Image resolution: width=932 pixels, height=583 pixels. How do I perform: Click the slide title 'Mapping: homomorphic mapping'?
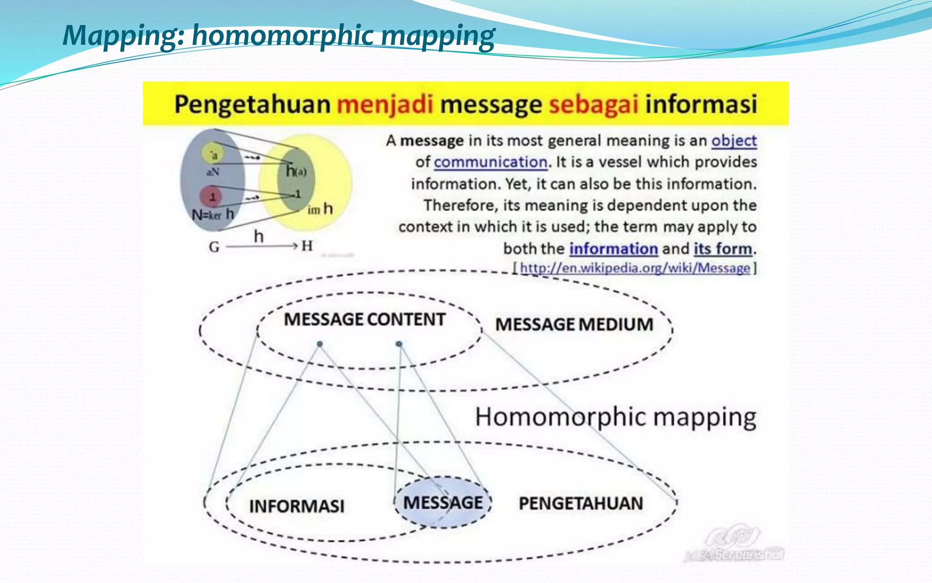[279, 36]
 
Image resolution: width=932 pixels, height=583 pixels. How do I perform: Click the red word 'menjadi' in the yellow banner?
[385, 104]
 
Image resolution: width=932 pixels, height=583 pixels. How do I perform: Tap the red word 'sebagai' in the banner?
[593, 104]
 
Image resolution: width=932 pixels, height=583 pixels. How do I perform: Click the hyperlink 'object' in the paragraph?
[734, 141]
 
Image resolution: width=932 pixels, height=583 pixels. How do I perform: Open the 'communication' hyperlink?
[490, 162]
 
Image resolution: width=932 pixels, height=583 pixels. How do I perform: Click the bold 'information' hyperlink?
[613, 249]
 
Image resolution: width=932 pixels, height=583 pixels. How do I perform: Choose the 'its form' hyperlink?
[723, 249]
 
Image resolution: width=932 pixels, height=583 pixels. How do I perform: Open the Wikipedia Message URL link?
[635, 268]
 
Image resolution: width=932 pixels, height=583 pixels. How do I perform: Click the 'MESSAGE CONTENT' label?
[365, 319]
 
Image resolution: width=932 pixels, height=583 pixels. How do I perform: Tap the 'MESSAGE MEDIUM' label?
[574, 324]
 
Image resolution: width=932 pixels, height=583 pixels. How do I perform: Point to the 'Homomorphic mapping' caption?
[616, 417]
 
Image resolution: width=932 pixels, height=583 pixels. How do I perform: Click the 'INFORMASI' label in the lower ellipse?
[297, 506]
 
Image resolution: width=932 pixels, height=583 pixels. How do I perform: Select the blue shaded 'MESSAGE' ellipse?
[443, 503]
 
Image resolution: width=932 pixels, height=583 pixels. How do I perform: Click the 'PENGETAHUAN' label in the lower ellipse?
[581, 503]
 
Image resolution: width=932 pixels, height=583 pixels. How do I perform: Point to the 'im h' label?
[320, 210]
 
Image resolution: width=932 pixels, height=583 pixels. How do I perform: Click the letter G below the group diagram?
[214, 247]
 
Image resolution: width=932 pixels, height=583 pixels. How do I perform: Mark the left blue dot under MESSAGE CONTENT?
[320, 344]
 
